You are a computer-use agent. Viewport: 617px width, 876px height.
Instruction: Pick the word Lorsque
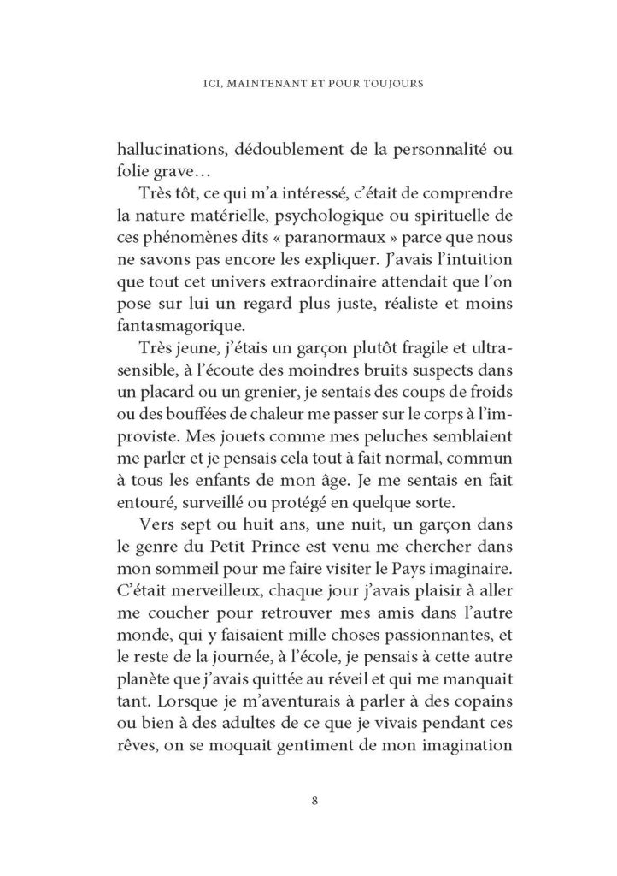pos(184,748)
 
